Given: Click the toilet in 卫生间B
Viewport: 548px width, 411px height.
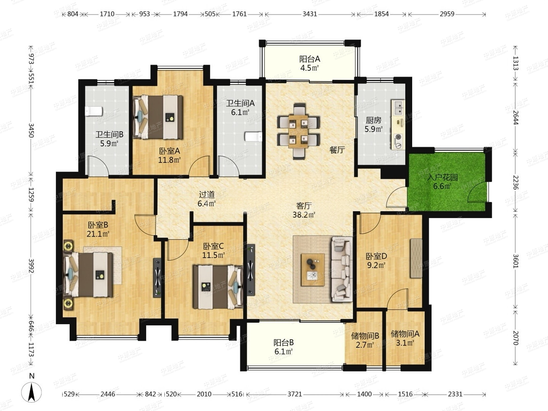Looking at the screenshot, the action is [x=94, y=111].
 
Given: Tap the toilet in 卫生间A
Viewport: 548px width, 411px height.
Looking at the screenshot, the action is [x=253, y=136].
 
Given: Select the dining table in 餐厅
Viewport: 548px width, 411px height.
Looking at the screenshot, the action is [x=298, y=131].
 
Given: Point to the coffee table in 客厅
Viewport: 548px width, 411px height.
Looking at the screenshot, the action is [x=313, y=270].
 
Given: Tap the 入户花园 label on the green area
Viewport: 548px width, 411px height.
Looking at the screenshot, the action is [x=442, y=177].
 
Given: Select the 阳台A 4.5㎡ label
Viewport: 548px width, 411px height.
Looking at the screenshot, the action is [x=310, y=63].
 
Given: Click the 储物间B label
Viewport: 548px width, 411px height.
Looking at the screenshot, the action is [x=365, y=336].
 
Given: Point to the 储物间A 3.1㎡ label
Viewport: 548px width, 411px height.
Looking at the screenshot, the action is [x=405, y=338].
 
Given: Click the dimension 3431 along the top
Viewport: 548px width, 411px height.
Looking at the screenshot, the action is [x=310, y=14].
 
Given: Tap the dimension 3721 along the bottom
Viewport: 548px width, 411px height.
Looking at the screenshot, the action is [x=295, y=394].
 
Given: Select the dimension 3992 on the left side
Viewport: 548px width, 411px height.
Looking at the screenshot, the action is [x=31, y=265].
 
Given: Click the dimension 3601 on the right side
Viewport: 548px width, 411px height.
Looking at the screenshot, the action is [x=516, y=261].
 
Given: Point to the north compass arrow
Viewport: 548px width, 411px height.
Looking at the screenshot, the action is [x=32, y=392].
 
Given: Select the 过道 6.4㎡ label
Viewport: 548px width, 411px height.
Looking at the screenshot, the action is [x=207, y=199].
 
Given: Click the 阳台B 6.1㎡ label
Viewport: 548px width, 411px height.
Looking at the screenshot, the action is [x=284, y=347].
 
